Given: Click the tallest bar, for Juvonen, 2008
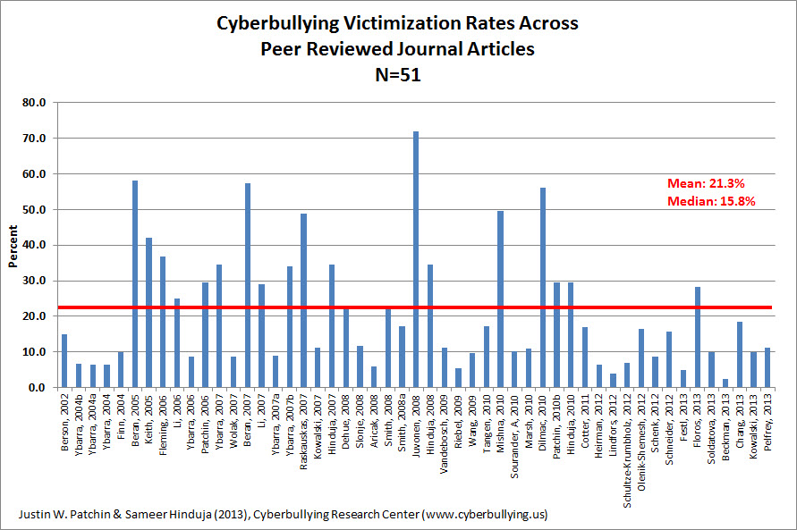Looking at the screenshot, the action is click(416, 259).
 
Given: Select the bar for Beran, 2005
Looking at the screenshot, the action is click(135, 284).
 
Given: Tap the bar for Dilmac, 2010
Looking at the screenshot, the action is click(543, 287).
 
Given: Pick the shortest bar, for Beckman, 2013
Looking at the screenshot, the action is click(725, 383).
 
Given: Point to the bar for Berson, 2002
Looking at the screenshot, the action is click(64, 361).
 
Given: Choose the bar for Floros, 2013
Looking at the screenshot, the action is click(698, 337).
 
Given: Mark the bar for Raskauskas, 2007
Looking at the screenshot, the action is click(303, 300).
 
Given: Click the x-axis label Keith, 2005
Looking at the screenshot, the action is click(148, 417).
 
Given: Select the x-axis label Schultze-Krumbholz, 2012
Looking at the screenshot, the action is click(627, 450).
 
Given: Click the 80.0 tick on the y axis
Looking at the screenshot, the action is click(34, 103).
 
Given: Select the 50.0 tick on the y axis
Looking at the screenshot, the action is click(34, 210).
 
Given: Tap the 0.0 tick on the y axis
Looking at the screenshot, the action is click(37, 388).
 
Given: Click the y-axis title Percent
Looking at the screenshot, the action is click(13, 246).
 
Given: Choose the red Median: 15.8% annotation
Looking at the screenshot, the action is click(711, 201).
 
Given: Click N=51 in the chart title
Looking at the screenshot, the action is click(398, 75).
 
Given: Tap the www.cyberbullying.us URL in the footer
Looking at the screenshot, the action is click(485, 515).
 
